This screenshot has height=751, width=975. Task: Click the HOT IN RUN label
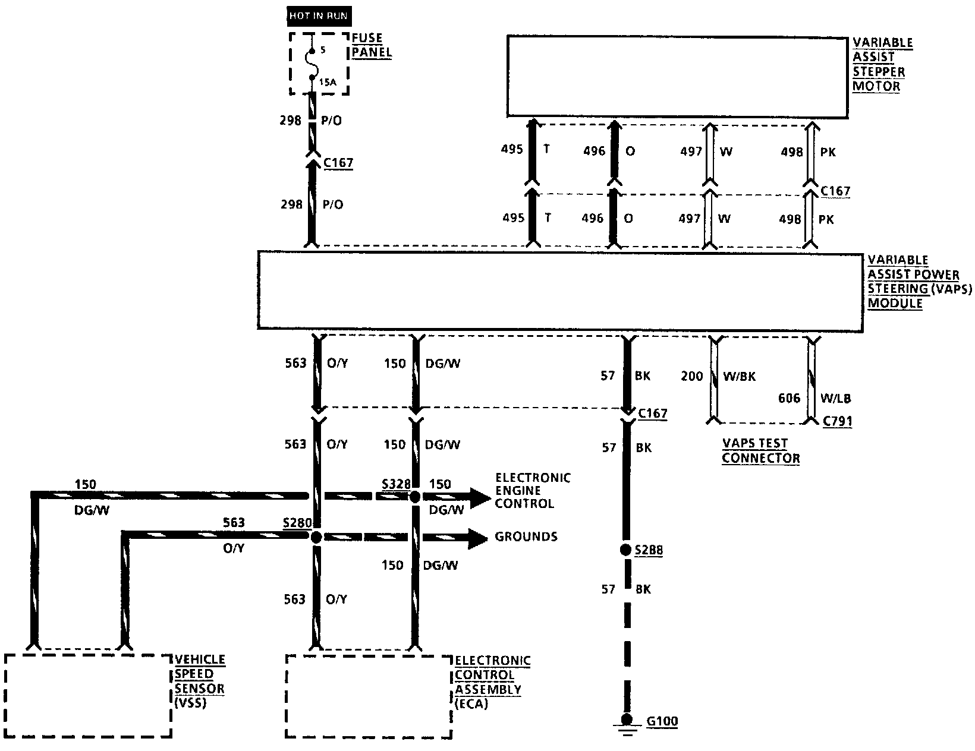pyautogui.click(x=318, y=15)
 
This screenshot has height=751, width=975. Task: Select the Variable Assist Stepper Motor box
pyautogui.click(x=677, y=77)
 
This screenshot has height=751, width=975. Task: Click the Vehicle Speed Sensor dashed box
pyautogui.click(x=88, y=695)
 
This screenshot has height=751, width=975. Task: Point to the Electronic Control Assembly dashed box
pyautogui.click(x=369, y=696)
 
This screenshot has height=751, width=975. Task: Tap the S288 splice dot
pyautogui.click(x=625, y=550)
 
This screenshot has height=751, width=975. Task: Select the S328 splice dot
pyautogui.click(x=415, y=496)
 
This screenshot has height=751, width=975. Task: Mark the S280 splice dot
pyautogui.click(x=316, y=537)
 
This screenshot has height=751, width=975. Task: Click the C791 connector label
pyautogui.click(x=837, y=421)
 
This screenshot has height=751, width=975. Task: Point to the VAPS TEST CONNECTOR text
pyautogui.click(x=760, y=451)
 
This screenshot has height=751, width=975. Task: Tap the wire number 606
pyautogui.click(x=790, y=398)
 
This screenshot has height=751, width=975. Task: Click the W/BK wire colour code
pyautogui.click(x=738, y=376)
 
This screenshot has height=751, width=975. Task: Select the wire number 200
pyautogui.click(x=692, y=376)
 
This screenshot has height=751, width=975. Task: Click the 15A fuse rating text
pyautogui.click(x=327, y=83)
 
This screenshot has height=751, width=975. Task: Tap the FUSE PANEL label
pyautogui.click(x=372, y=45)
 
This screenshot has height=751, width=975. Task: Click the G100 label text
pyautogui.click(x=662, y=722)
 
